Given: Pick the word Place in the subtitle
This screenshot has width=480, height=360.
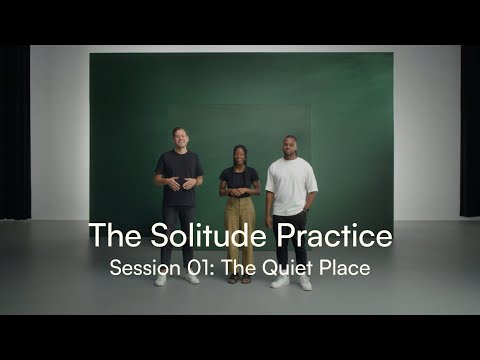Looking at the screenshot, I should (341, 268).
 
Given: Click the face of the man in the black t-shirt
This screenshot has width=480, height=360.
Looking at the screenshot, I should (179, 138).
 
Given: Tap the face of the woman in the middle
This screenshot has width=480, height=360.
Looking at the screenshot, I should (240, 156).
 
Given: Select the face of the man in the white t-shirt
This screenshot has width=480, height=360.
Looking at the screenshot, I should (290, 144).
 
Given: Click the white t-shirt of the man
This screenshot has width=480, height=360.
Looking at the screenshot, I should (291, 185).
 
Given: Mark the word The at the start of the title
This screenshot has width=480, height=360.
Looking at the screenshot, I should (109, 236).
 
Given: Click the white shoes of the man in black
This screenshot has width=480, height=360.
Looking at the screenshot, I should (176, 279).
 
